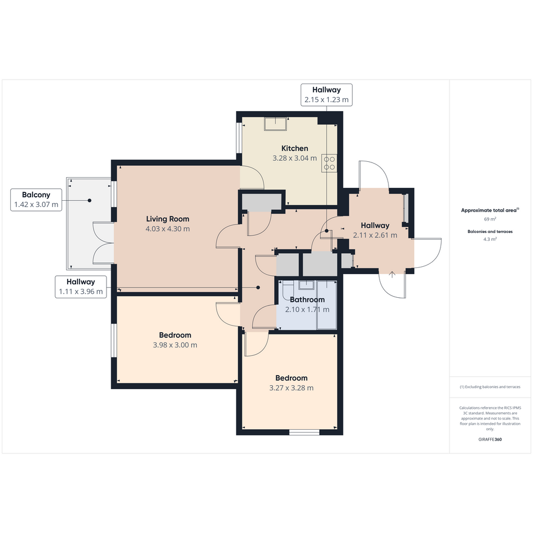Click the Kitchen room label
[295, 148]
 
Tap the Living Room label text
[168, 219]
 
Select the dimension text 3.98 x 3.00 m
[175, 345]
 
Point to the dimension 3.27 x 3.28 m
[291, 388]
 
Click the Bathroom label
[307, 299]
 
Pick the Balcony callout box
[36, 200]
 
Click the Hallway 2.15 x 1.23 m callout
[327, 95]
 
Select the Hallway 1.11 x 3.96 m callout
[81, 287]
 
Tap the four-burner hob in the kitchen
[329, 163]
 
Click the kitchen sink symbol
[276, 124]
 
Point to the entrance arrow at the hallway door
[392, 275]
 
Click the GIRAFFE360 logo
[490, 439]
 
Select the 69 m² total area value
[490, 219]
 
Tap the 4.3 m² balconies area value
[490, 239]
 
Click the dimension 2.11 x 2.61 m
[375, 235]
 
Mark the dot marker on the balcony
[90, 201]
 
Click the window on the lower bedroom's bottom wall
[304, 433]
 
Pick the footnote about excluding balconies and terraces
[490, 387]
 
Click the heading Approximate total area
[490, 210]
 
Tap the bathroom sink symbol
[307, 284]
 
